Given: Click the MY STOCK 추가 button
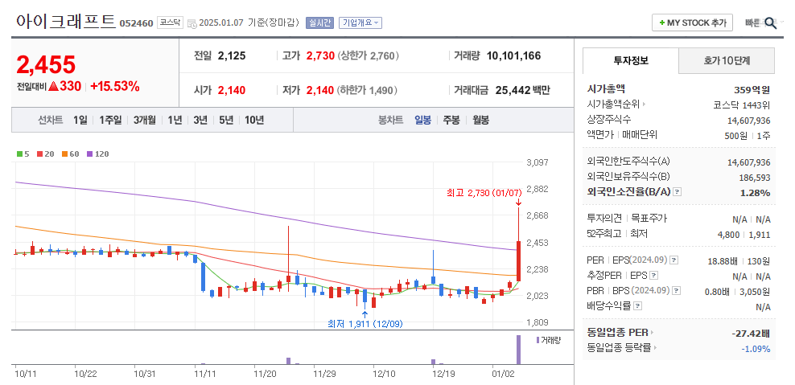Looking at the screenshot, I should pos(692,23).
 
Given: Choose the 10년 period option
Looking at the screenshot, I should pos(253,120).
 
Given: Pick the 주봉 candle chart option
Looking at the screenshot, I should pos(451,120).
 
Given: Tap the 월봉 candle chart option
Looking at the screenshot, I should pos(480,120).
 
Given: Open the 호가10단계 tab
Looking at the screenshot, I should pos(727,60).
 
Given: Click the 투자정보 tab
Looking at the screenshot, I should pos(630,60).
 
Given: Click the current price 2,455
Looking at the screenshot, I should pos(46,64).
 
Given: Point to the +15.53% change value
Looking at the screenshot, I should pos(115,86).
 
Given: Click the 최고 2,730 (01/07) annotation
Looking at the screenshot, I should pos(484,193).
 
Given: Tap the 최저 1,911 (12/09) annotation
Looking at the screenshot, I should pos(365,324).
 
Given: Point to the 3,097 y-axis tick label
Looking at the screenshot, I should pos(537,162).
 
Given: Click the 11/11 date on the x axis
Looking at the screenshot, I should pos(206,374).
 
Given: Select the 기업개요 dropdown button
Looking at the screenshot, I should pos(360,23).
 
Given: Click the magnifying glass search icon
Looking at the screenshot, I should pos(770,23).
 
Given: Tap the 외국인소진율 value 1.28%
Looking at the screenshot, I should pos(755,192).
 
